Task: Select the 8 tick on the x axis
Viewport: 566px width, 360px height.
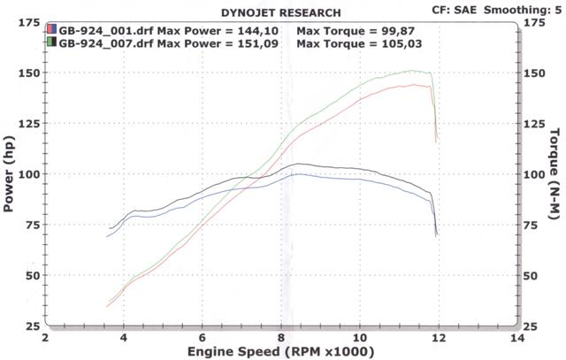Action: coord(281,337)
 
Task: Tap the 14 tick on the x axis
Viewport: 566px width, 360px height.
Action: coord(516,337)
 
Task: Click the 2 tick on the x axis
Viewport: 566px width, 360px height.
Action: coord(45,337)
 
